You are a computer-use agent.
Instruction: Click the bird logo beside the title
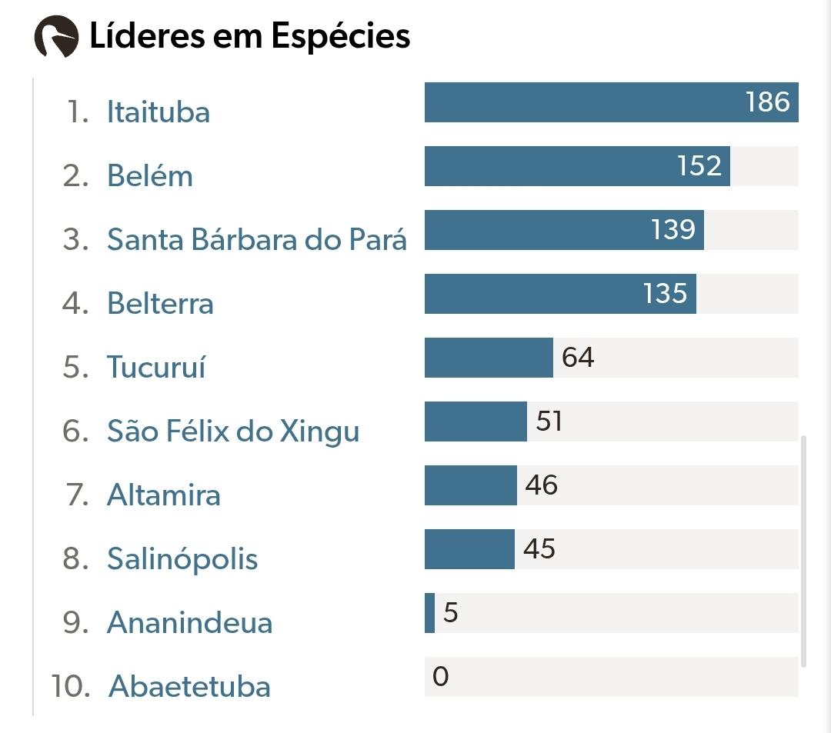coord(56,36)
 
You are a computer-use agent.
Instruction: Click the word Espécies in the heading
coord(341,37)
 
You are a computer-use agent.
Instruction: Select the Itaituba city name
coord(159,112)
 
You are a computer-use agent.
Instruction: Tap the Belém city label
coord(150,175)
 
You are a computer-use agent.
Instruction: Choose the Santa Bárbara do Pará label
coord(257,239)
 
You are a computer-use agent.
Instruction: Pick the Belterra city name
coord(160,304)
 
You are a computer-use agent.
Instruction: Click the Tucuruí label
coord(156,366)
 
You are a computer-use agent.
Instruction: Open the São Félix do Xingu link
coord(233,431)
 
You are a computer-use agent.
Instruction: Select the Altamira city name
coord(164,495)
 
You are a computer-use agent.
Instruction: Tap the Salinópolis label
coord(182,559)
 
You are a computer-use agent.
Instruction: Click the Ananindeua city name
coord(190,623)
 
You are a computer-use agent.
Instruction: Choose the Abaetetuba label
coord(190,686)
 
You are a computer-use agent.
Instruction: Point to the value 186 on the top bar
coord(768,102)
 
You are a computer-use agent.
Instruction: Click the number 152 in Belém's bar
coord(699,166)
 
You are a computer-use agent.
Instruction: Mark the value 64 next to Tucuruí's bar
coord(578,358)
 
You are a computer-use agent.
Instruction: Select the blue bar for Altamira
coord(471,485)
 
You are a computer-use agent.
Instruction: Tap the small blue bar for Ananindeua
coord(429,613)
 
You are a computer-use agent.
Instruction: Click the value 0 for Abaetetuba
coord(440,676)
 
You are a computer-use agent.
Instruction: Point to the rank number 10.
coord(71,686)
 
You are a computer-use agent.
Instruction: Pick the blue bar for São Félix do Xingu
coord(476,421)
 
